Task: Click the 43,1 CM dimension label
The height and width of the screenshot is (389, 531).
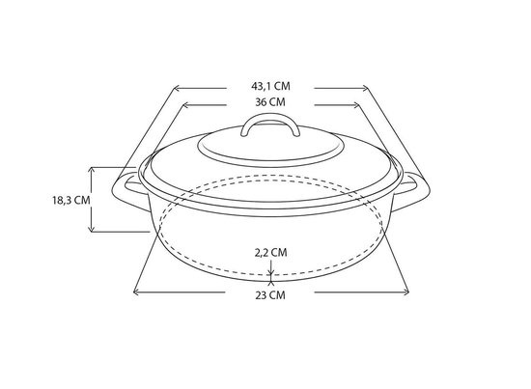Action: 270,86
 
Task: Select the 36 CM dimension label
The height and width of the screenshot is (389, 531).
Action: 270,102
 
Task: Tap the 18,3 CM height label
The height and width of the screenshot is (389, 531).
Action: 71,200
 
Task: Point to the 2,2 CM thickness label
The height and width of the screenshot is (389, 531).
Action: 270,252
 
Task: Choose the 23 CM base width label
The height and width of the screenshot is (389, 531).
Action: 270,295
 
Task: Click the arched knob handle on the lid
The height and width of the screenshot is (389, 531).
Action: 270,118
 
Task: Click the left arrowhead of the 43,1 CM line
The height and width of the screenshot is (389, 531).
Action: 176,89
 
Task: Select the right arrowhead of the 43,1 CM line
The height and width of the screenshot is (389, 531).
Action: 365,89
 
